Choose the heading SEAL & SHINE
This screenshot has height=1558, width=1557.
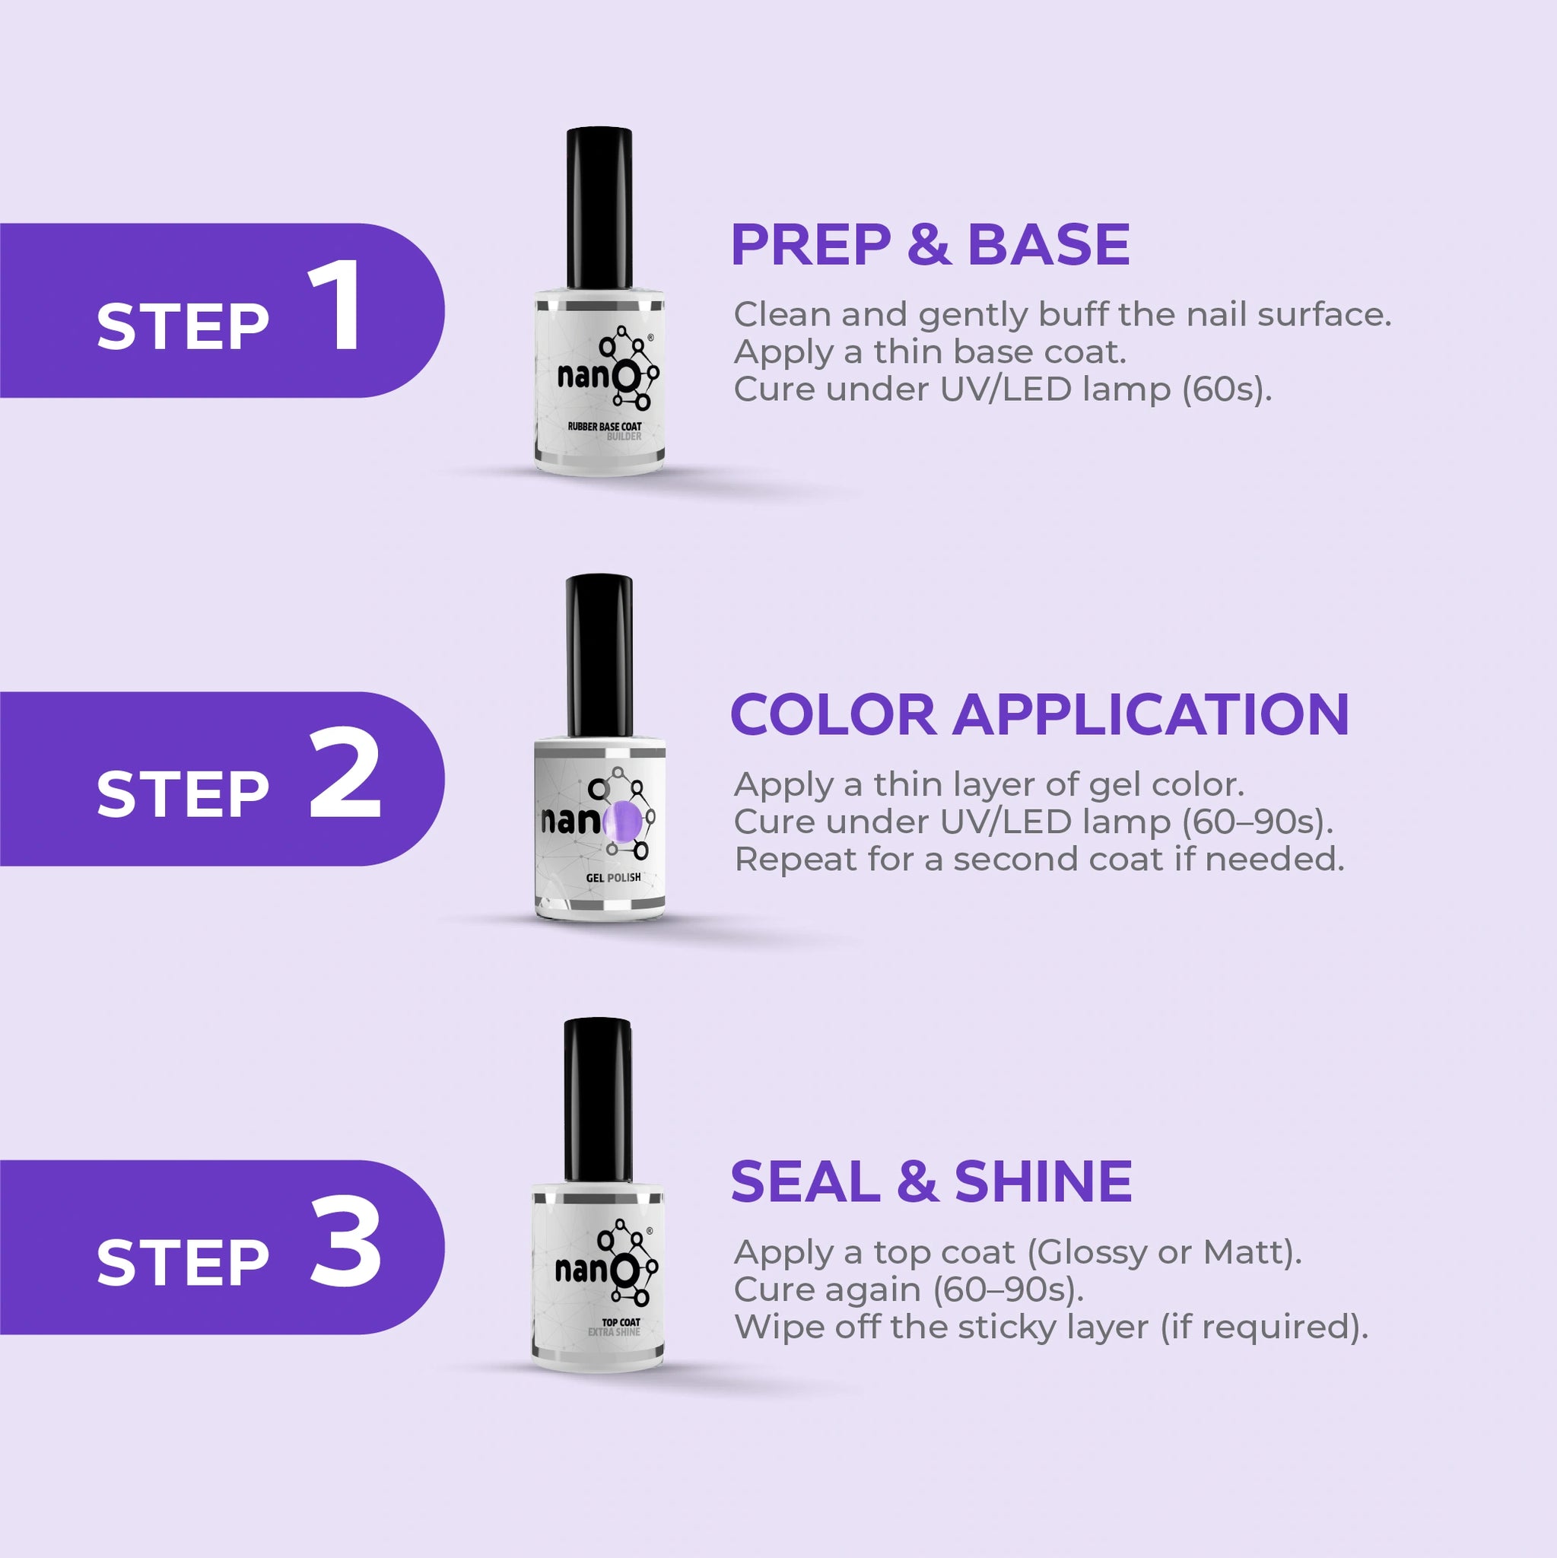click(x=931, y=1181)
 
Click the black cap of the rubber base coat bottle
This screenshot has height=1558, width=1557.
click(x=599, y=208)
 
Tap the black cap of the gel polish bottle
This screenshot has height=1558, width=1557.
click(x=599, y=656)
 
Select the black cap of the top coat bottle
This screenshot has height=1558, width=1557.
click(x=598, y=1100)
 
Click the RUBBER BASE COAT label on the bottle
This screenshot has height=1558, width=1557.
click(x=605, y=426)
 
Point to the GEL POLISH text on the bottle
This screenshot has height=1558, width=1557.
click(x=614, y=877)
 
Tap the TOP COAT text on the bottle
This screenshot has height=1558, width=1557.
click(x=621, y=1322)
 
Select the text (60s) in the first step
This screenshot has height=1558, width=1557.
click(x=1227, y=389)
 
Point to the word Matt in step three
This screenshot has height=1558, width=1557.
click(x=1244, y=1252)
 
